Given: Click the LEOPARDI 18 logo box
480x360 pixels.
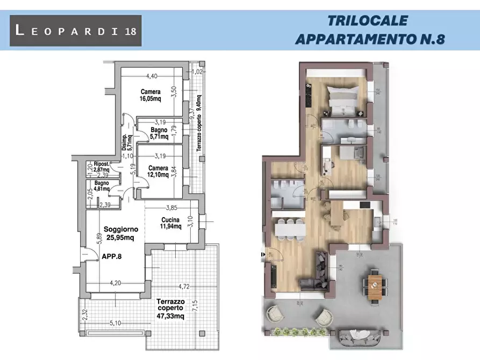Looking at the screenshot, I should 76,31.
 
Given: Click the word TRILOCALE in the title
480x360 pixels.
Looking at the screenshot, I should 367,21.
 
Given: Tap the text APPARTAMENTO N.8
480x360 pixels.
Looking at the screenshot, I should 370,39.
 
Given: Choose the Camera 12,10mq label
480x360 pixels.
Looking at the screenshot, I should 159,171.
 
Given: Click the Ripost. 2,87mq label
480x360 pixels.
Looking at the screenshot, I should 102,167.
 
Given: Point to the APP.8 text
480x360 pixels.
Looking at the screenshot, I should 112,257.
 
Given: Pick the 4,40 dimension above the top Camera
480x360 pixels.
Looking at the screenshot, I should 149,76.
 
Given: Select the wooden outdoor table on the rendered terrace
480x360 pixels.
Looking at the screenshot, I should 376,284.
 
